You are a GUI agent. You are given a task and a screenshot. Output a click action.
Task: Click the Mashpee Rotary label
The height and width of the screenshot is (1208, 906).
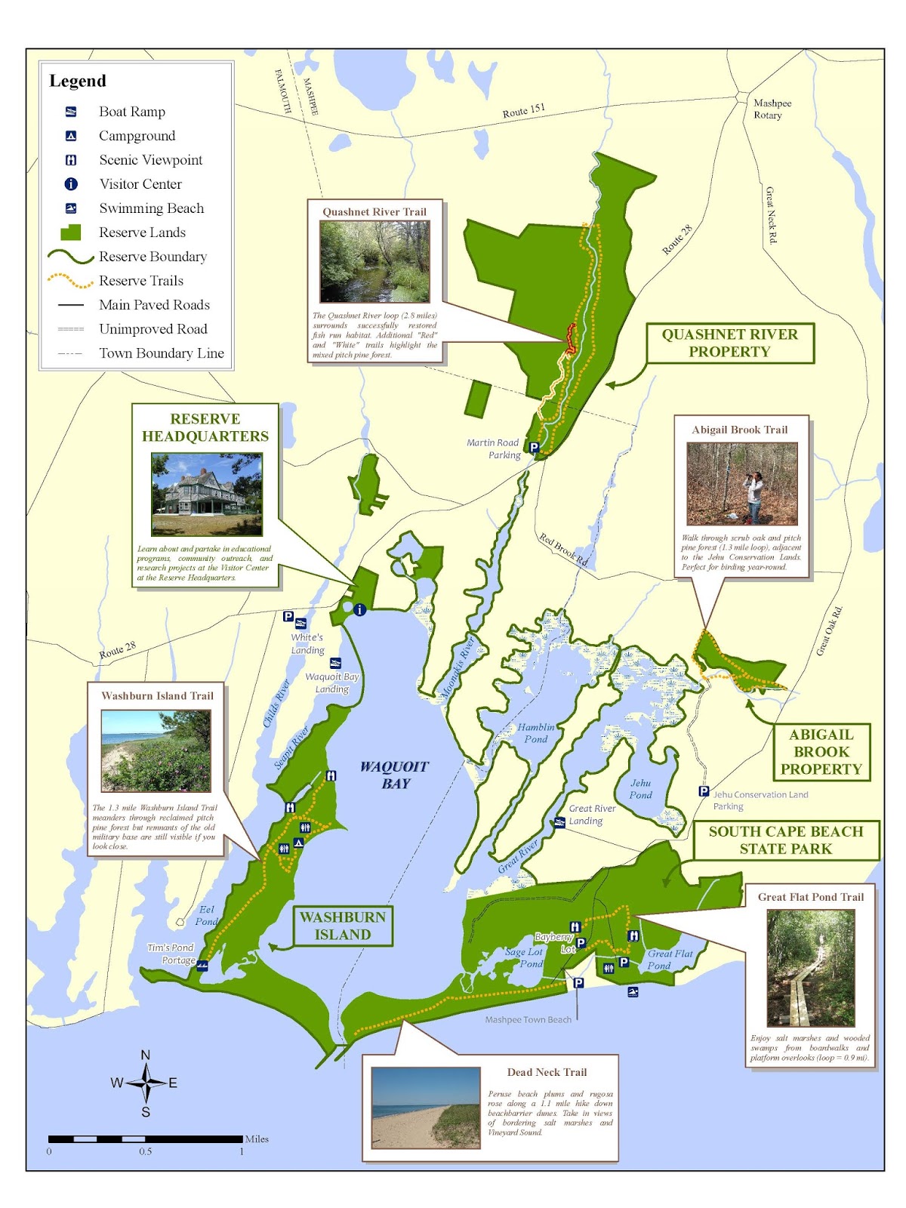[x=772, y=109]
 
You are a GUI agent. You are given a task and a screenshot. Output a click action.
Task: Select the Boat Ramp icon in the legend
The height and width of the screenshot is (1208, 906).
[x=71, y=112]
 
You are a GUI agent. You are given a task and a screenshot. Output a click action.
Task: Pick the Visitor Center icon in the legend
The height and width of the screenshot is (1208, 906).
[x=71, y=184]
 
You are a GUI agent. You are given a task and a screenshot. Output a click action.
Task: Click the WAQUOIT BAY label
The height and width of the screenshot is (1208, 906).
[x=394, y=775]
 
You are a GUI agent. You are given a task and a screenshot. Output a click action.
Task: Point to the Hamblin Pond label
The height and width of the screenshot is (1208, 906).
[x=535, y=733]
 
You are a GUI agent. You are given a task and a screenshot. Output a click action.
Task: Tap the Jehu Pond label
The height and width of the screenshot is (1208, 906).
[x=640, y=789]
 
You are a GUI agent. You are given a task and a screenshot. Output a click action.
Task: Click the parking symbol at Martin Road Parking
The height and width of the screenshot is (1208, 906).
[x=534, y=448]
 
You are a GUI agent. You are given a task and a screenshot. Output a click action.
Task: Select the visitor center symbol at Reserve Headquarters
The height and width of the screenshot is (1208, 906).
[x=360, y=609]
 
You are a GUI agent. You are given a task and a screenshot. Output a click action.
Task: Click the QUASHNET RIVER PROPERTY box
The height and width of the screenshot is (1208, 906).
[x=729, y=343]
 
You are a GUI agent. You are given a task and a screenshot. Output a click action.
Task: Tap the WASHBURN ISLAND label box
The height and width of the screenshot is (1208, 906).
[x=343, y=926]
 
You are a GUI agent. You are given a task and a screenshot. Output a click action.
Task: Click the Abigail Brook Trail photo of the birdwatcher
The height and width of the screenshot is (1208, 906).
[x=741, y=483]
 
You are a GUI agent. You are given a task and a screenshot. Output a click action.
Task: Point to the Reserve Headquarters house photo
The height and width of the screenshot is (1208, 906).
[x=207, y=494]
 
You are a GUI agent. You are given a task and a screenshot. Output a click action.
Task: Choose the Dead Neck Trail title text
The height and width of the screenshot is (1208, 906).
[x=547, y=1072]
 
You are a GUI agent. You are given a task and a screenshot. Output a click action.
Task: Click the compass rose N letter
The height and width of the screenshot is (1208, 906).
[x=146, y=1055]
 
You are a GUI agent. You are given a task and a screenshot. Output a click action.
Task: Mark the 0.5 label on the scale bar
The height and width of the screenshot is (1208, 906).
[x=145, y=1151]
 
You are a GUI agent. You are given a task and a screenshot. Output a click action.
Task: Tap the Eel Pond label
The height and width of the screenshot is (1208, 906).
[x=206, y=915]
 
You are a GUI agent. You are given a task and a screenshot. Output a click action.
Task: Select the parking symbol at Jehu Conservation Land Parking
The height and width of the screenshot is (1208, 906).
[x=704, y=791]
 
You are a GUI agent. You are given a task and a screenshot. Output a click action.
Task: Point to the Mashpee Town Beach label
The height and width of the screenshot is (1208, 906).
[x=528, y=1019]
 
